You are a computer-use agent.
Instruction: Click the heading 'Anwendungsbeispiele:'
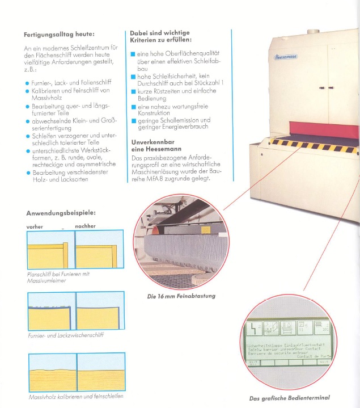click(x=60, y=213)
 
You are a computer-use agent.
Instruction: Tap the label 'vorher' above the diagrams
click(x=35, y=226)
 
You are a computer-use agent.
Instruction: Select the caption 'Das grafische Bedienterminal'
click(x=289, y=398)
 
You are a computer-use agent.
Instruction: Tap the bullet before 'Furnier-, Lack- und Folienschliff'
click(x=27, y=83)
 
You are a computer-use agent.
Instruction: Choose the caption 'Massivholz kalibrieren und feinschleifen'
click(x=75, y=396)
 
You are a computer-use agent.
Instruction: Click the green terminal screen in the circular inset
click(x=287, y=343)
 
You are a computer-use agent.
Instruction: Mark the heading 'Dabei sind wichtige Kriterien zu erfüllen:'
click(x=161, y=36)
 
